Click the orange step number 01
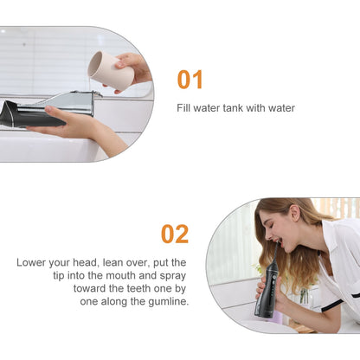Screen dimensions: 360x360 point(190,80)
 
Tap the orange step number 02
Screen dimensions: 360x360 point(175,235)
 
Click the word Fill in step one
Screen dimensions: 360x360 point(183,108)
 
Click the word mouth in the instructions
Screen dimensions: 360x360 point(121,275)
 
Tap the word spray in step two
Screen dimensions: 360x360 point(173,276)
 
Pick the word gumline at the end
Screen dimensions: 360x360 point(169,302)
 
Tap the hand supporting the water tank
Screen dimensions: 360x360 point(78,127)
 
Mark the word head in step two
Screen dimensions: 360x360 point(84,262)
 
